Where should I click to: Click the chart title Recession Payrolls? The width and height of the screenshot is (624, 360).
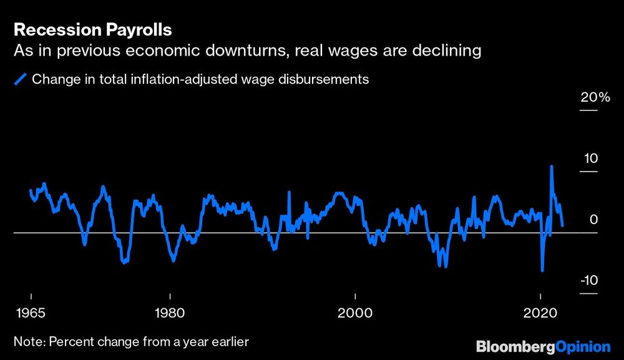coord(92,30)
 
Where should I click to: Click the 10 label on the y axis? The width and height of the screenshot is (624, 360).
coord(591,159)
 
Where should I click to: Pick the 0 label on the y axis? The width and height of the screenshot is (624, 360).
coord(594,220)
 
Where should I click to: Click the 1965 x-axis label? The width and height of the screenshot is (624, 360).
coord(31,312)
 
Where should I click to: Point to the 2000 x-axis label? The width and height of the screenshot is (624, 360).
coord(355,312)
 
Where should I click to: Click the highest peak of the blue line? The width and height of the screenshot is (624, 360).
coord(552,167)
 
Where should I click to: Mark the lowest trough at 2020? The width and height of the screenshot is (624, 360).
coord(542,271)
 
